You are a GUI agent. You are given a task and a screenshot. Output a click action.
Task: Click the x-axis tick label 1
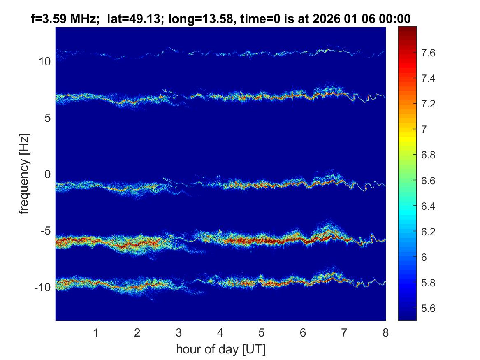tap(96, 332)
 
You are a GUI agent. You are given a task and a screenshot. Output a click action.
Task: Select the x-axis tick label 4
tap(220, 332)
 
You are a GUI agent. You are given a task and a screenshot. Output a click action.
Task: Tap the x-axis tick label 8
tap(385, 332)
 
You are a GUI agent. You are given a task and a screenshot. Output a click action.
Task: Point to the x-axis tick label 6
tap(303, 332)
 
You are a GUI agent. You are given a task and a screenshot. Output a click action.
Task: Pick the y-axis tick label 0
tap(47, 174)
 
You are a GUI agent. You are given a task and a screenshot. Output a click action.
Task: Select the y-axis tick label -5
tap(44, 231)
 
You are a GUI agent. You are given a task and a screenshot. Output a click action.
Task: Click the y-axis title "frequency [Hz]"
tap(25, 174)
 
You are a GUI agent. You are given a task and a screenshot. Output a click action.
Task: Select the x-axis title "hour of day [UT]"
tap(220, 350)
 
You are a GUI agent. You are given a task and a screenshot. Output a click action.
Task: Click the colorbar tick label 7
tap(426, 130)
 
